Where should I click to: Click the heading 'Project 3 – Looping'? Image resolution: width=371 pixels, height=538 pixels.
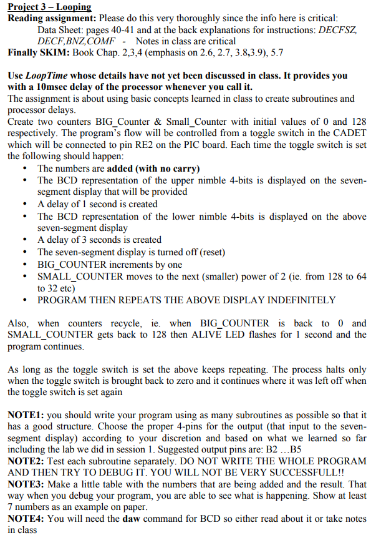49,7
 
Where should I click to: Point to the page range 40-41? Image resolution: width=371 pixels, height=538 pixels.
124,29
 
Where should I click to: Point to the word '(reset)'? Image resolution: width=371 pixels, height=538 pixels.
208,252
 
